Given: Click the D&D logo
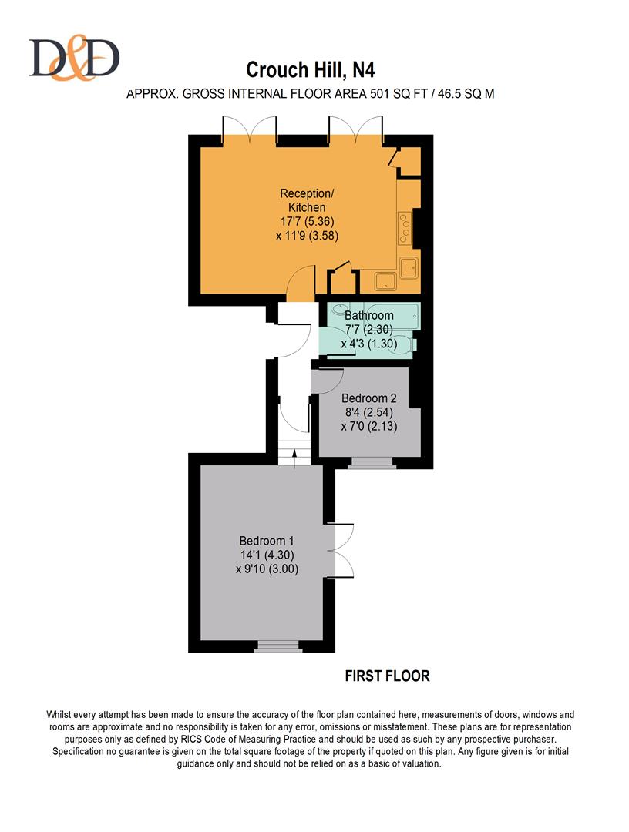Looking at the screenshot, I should coord(74,59).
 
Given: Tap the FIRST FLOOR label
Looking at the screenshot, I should coord(387,676).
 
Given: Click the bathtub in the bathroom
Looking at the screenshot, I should coord(374,315).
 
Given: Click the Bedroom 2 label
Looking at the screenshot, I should coord(368,398).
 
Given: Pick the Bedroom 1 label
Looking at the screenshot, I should coord(267,541).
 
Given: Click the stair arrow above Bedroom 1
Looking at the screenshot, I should coord(294,456).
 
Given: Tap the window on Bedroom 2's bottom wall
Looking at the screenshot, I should coord(372,463).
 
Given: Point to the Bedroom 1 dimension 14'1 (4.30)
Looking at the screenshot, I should coord(267,555).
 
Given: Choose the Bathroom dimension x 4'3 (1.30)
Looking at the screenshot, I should coord(368,344).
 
